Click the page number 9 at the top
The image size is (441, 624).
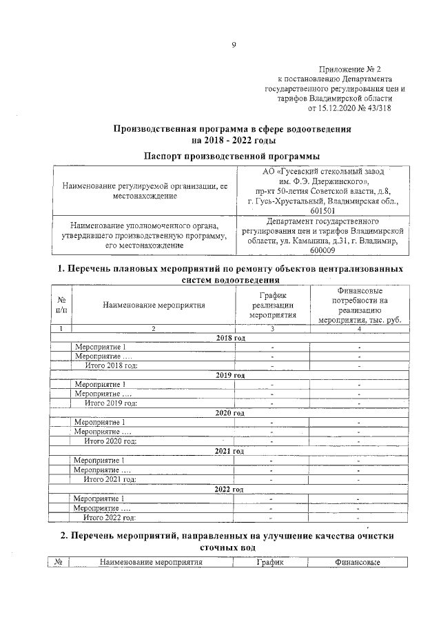click(x=234, y=46)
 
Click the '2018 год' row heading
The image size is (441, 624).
click(x=230, y=338)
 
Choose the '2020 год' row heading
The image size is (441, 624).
click(x=230, y=412)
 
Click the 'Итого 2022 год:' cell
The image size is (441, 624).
click(x=110, y=516)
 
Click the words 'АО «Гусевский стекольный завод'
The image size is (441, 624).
click(x=323, y=171)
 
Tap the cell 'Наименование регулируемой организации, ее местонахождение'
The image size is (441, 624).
click(x=145, y=191)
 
